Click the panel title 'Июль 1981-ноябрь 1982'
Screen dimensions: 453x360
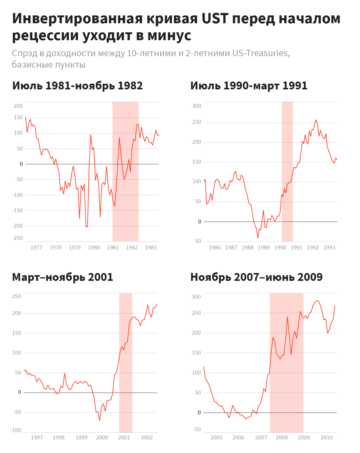pyautogui.click(x=77, y=86)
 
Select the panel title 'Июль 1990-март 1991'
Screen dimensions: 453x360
pyautogui.click(x=249, y=86)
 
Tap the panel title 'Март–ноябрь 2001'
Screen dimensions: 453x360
pyautogui.click(x=63, y=277)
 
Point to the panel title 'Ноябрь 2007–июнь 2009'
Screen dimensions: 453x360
pyautogui.click(x=256, y=277)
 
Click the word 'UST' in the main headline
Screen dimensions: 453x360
pyautogui.click(x=215, y=19)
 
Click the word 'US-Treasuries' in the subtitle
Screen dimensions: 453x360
pyautogui.click(x=261, y=53)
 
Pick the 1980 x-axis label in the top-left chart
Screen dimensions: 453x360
pyautogui.click(x=94, y=248)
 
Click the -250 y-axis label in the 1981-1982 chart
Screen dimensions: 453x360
pyautogui.click(x=17, y=238)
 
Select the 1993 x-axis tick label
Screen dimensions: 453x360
pyautogui.click(x=329, y=248)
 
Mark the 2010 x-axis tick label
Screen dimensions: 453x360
pyautogui.click(x=326, y=438)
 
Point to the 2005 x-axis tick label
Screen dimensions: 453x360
pyautogui.click(x=216, y=438)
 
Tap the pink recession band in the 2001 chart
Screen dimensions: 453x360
pyautogui.click(x=126, y=362)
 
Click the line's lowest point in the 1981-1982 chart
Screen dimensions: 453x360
pyautogui.click(x=86, y=227)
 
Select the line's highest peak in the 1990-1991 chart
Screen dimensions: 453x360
pyautogui.click(x=316, y=120)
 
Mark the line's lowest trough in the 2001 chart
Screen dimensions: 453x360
pyautogui.click(x=100, y=421)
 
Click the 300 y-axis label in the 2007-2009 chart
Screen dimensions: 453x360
pyautogui.click(x=196, y=297)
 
